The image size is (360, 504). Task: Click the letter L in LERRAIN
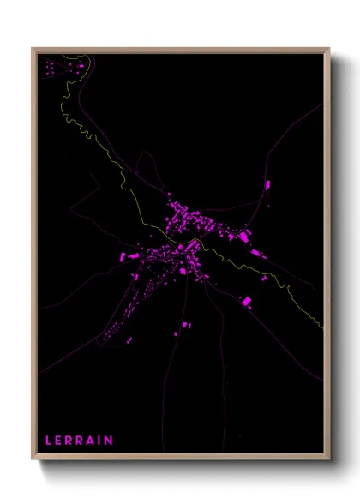[x=49, y=441]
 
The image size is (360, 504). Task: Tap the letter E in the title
[x=60, y=441]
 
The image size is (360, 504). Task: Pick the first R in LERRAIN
[x=69, y=441]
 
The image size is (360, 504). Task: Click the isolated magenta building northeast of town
[x=267, y=184]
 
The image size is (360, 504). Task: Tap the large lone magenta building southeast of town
[x=247, y=301]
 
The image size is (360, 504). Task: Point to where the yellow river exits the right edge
[x=322, y=327]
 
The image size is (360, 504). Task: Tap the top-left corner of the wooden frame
[x=33, y=49]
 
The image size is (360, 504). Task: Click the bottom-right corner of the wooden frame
[x=329, y=460]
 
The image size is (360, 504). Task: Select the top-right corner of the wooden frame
[x=329, y=49]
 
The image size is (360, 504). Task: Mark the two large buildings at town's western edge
[x=128, y=255]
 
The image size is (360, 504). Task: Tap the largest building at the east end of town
[x=244, y=235]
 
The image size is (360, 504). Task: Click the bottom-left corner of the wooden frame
[x=33, y=460]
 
